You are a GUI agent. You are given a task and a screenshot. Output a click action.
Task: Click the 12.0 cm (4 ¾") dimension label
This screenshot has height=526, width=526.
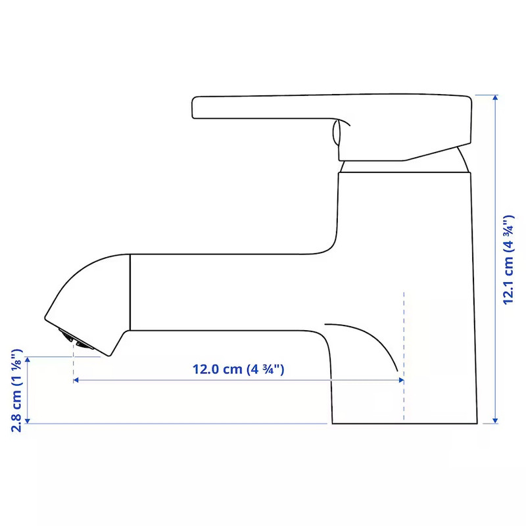coord(238,370)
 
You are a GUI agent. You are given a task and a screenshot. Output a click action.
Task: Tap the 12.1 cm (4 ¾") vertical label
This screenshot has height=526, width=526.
coord(508,260)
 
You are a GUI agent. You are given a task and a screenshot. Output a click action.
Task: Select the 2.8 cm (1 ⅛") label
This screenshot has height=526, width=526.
coord(17,390)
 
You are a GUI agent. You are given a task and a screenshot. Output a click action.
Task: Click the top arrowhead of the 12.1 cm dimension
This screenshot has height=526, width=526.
coord(495,97)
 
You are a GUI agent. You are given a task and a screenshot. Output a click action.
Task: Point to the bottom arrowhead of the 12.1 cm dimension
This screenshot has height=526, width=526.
coord(495,421)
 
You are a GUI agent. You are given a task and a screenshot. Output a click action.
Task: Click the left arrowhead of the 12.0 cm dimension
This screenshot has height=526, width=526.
coord(76,380)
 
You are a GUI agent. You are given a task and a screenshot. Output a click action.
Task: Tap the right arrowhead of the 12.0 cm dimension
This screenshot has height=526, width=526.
coord(401,380)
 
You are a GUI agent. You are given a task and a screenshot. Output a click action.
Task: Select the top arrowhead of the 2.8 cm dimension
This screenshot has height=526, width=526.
coord(28,360)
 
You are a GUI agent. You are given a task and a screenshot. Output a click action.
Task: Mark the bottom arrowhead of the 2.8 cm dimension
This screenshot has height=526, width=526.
coord(28,421)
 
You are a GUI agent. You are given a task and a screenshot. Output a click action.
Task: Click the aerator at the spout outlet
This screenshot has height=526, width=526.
coord(76,339)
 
